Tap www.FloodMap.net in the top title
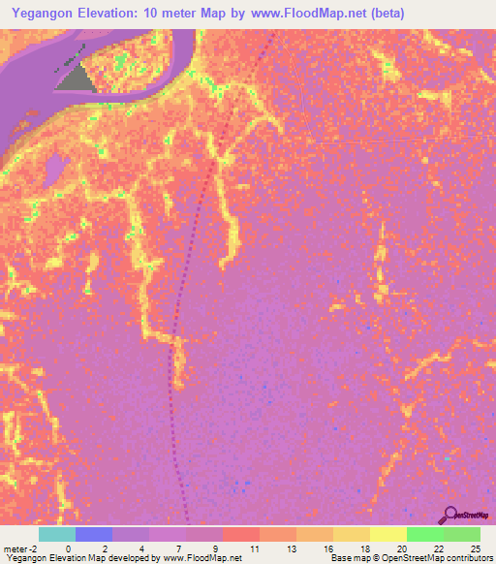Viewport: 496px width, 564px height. (297, 13)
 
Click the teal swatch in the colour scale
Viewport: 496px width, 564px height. (56, 534)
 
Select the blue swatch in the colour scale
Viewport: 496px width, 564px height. (93, 534)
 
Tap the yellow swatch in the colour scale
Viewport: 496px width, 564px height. (387, 534)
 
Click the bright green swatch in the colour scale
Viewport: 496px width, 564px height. (424, 534)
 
